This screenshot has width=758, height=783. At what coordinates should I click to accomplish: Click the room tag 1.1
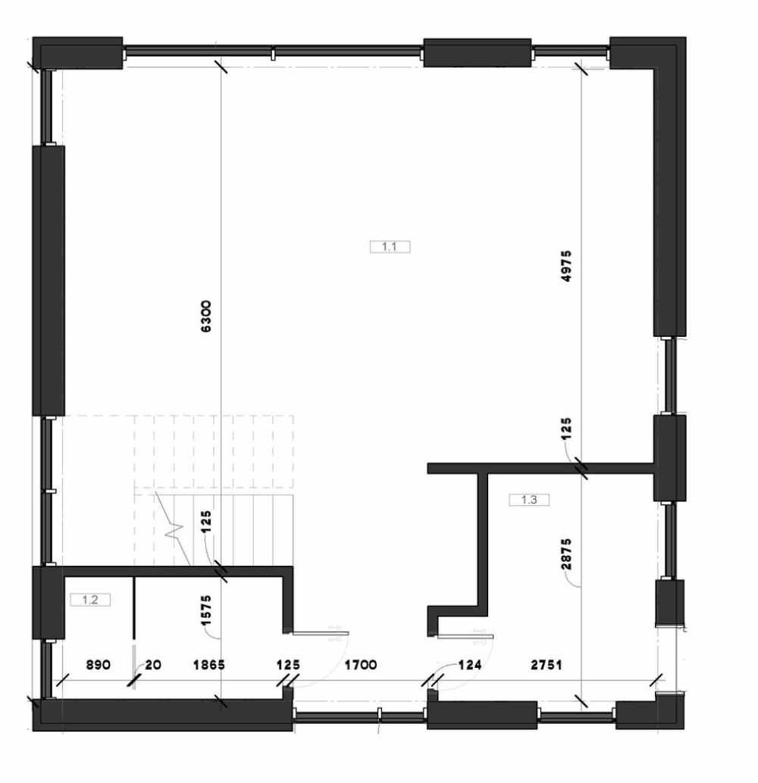click(x=390, y=247)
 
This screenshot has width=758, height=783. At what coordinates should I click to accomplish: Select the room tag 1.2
click(x=90, y=600)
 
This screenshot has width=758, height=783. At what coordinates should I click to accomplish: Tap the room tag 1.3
click(x=529, y=499)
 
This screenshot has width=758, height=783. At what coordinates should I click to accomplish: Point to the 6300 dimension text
click(x=205, y=316)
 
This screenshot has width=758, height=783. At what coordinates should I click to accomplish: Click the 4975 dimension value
click(x=565, y=266)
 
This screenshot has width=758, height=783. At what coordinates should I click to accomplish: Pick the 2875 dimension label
click(x=565, y=554)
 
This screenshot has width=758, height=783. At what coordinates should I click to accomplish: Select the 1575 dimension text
click(x=205, y=610)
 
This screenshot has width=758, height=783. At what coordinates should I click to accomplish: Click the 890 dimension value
click(x=99, y=665)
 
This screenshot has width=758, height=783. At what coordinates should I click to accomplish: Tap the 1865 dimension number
click(x=209, y=665)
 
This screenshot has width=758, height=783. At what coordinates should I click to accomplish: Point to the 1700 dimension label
click(x=361, y=665)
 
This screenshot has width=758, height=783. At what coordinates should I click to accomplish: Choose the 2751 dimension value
click(x=546, y=665)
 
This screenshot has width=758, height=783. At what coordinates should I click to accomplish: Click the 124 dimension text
click(x=470, y=665)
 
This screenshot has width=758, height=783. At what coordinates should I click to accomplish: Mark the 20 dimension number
click(x=154, y=665)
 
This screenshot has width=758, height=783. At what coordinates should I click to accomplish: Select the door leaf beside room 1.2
click(x=321, y=633)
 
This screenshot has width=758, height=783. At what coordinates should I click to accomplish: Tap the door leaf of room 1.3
click(x=465, y=636)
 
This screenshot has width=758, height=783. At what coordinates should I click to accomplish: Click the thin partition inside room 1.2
click(x=134, y=608)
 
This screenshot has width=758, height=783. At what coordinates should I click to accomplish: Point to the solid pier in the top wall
click(x=477, y=52)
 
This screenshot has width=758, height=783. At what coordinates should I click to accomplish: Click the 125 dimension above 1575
click(x=205, y=522)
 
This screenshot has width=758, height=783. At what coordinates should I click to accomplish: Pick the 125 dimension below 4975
click(x=565, y=429)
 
